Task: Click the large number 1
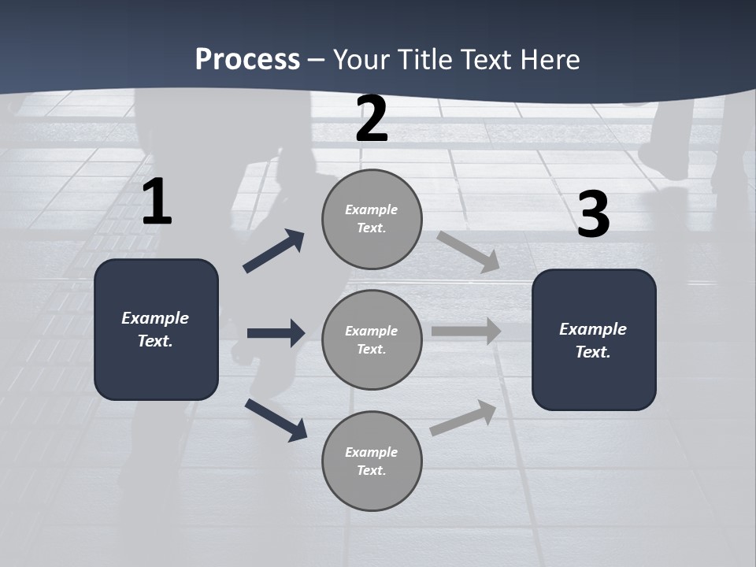157,202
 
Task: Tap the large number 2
372,120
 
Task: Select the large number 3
593,215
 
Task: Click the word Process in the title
247,59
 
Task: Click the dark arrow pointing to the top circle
274,250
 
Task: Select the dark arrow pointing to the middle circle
276,333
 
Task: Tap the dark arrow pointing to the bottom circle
276,419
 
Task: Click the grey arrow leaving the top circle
468,251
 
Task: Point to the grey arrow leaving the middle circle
465,332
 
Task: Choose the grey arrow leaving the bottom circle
463,417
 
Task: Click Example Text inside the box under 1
155,329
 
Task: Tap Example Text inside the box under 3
593,340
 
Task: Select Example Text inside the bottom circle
372,461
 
